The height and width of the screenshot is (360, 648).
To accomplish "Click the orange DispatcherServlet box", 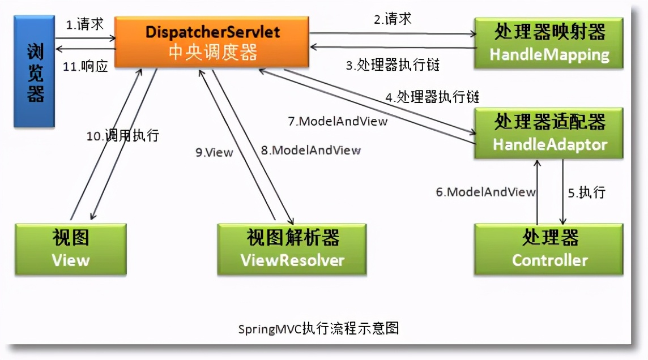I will pyautogui.click(x=212, y=41).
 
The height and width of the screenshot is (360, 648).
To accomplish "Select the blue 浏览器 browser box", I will pyautogui.click(x=35, y=71).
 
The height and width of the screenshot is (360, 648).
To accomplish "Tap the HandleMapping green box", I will pyautogui.click(x=549, y=44).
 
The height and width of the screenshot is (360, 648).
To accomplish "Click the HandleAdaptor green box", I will pyautogui.click(x=549, y=132).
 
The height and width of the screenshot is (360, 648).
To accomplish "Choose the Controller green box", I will pyautogui.click(x=549, y=249).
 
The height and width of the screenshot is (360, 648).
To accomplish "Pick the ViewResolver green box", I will pyautogui.click(x=292, y=249).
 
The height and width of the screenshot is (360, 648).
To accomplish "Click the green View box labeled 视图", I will pyautogui.click(x=71, y=249).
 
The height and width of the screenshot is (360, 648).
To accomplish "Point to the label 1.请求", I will pyautogui.click(x=85, y=24).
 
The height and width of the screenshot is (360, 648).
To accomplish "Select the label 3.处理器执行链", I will pyautogui.click(x=393, y=65).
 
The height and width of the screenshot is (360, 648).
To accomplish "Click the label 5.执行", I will pyautogui.click(x=587, y=192).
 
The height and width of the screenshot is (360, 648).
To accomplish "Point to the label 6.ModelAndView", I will pyautogui.click(x=485, y=192).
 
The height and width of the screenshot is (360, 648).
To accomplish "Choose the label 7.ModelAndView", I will pyautogui.click(x=338, y=121).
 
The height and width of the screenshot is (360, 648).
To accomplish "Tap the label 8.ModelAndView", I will pyautogui.click(x=310, y=150).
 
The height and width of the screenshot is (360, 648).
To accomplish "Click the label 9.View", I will pyautogui.click(x=214, y=152).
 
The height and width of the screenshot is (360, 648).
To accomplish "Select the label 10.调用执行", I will pyautogui.click(x=122, y=136).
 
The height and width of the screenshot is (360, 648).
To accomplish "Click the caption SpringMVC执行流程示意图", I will pyautogui.click(x=318, y=328).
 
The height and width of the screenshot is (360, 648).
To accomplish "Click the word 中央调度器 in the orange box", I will pyautogui.click(x=212, y=53).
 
